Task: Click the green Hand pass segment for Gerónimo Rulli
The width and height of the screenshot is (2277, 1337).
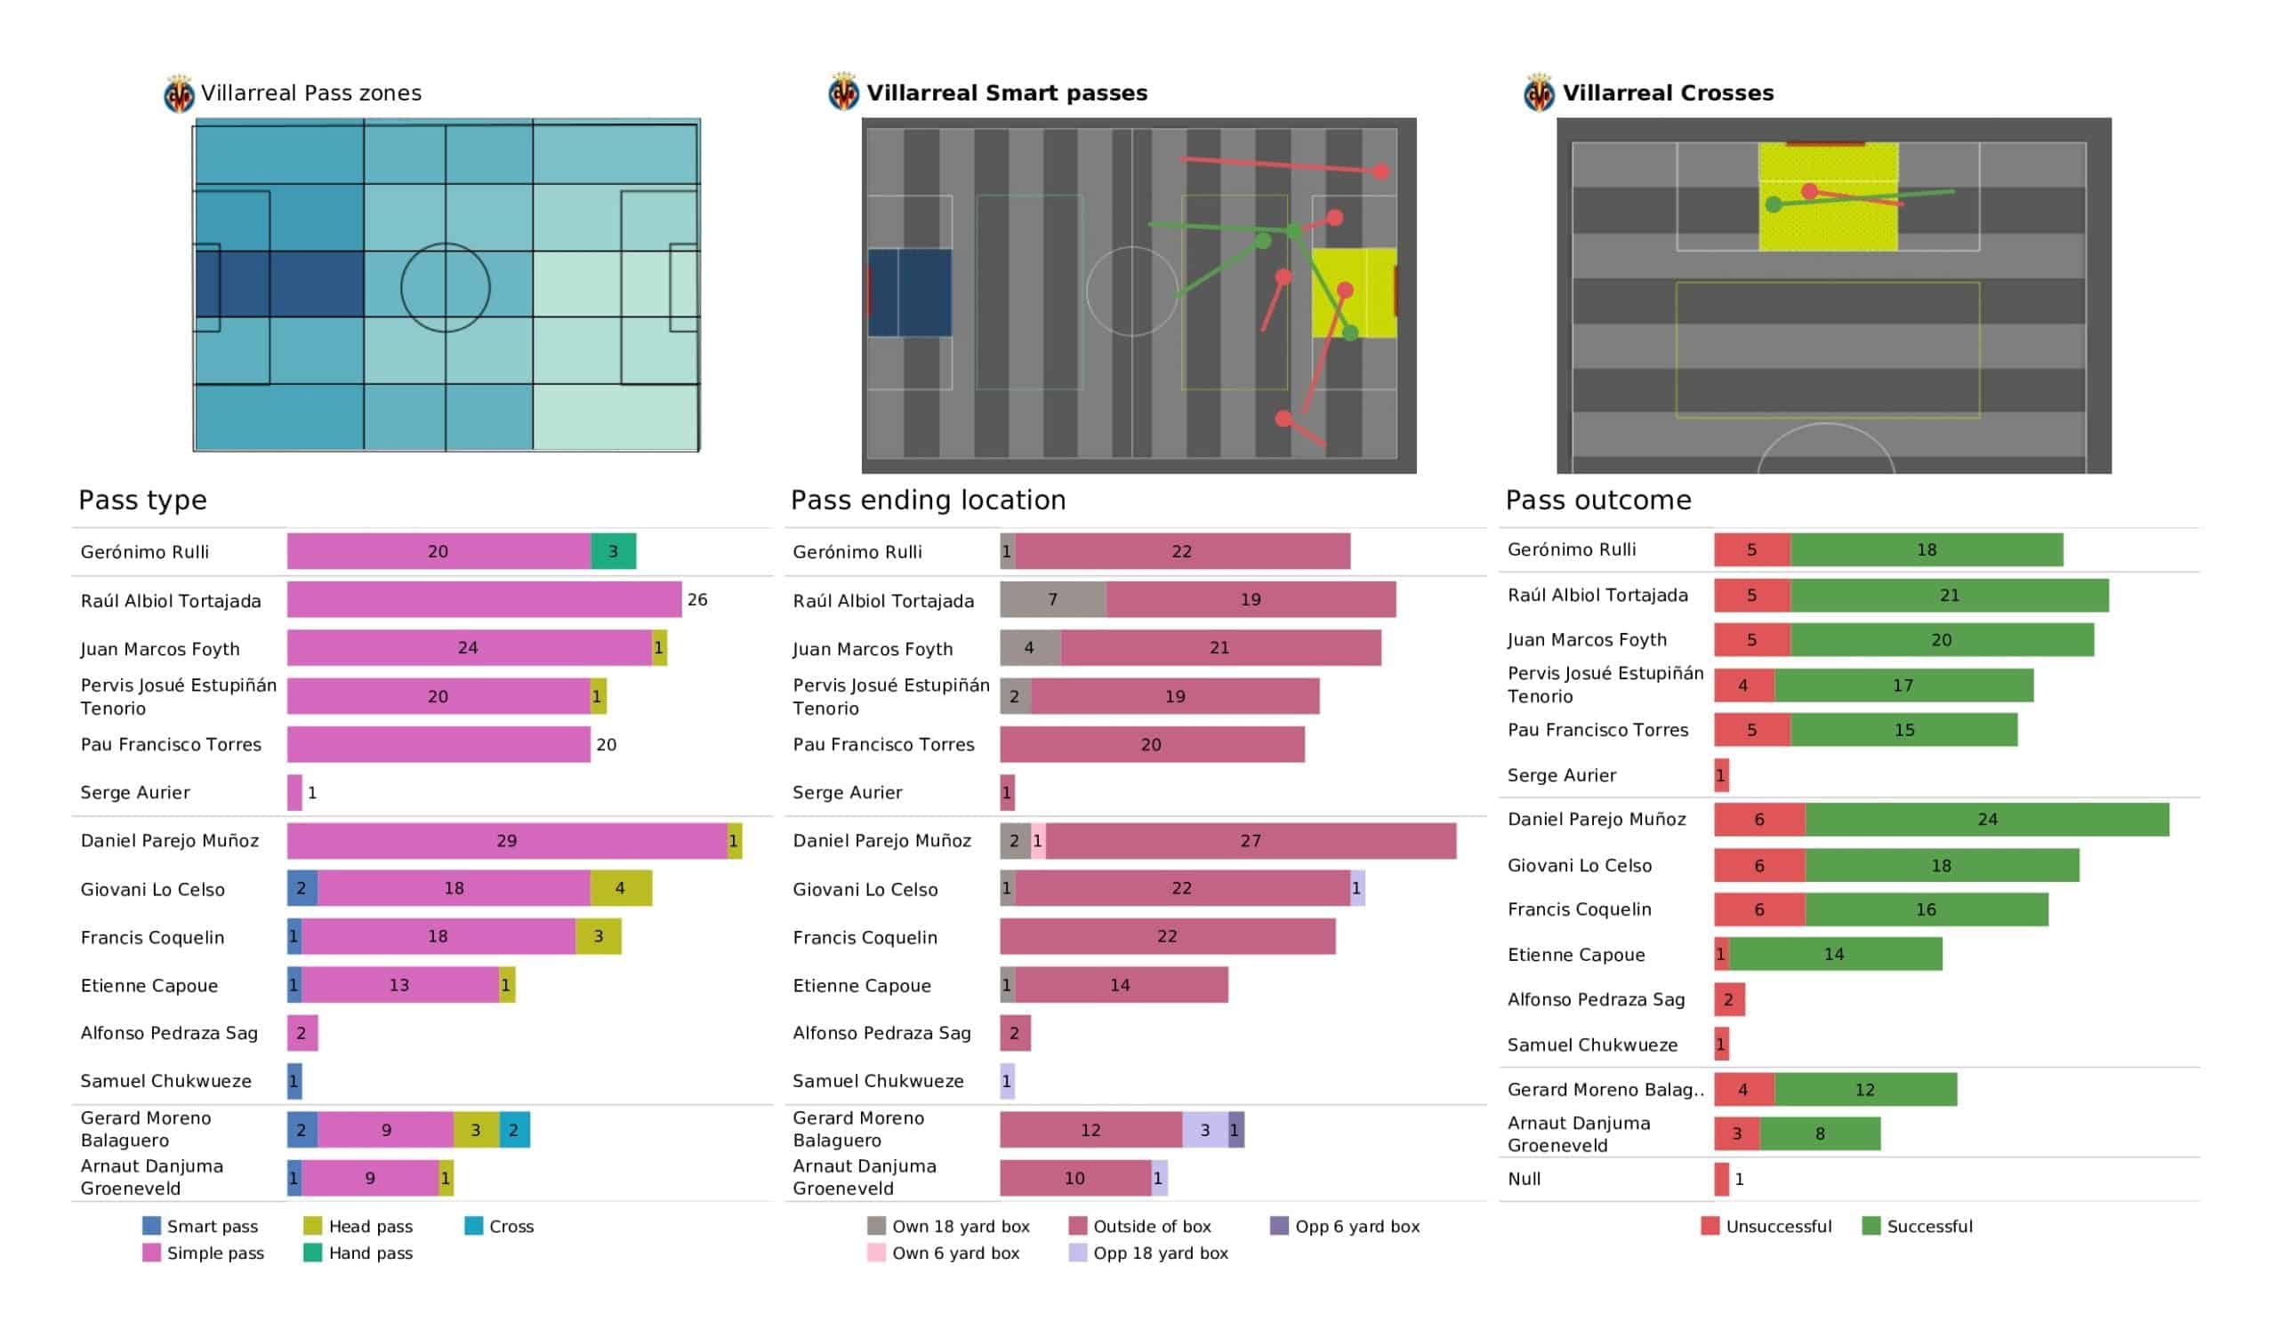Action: [613, 551]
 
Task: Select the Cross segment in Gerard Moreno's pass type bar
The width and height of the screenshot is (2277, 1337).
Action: [514, 1129]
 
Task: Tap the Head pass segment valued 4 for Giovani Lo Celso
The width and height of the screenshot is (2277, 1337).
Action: [621, 888]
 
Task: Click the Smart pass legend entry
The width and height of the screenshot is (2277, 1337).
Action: [200, 1226]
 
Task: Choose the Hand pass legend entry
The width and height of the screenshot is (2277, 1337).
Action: [358, 1253]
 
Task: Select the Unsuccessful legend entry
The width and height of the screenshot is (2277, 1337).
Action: [1766, 1226]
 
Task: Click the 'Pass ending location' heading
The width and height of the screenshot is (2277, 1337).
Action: [928, 500]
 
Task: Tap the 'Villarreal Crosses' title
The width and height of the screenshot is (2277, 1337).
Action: [1668, 93]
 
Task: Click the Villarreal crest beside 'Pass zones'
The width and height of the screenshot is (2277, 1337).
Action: [179, 94]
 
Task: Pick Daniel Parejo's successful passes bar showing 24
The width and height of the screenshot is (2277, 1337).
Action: [1987, 820]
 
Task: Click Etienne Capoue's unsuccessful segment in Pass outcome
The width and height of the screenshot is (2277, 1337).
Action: [1722, 954]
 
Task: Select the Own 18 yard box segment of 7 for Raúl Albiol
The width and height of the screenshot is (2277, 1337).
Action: [1052, 600]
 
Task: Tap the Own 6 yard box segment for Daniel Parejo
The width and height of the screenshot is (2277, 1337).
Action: [1038, 841]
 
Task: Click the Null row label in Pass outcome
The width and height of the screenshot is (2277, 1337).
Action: [1525, 1179]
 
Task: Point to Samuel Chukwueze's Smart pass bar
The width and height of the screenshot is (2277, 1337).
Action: [294, 1081]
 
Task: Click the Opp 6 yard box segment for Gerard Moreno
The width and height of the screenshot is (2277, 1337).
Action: [1236, 1129]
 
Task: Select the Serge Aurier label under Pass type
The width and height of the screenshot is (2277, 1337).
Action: [135, 792]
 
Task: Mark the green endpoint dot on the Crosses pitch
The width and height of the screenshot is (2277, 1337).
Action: [1774, 205]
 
